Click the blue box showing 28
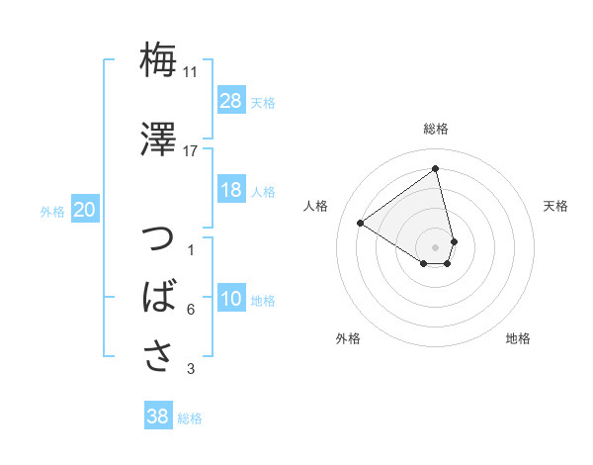point(231,101)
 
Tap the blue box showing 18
point(231,191)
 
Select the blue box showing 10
point(231,300)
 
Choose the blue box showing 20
point(85,210)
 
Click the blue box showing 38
point(158,417)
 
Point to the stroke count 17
point(191,150)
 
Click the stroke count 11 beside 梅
point(191,72)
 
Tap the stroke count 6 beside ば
point(191,310)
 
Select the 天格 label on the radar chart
point(555,206)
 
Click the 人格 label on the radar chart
point(316,206)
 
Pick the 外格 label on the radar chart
point(348,338)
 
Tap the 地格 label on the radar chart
point(518,338)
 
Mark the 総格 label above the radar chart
point(436,129)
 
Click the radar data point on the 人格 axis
point(361,224)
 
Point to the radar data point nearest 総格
point(436,168)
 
